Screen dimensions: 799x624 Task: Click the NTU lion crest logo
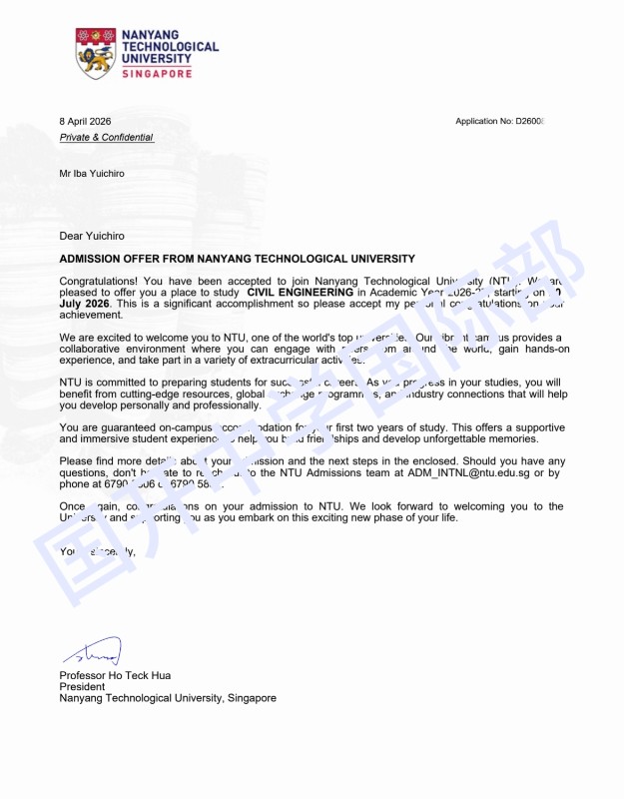(x=95, y=53)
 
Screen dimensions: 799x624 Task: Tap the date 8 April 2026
(x=85, y=121)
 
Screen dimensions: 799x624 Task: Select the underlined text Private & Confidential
(x=106, y=137)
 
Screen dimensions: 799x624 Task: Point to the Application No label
(x=483, y=121)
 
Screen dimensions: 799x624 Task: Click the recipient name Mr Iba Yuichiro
(x=92, y=173)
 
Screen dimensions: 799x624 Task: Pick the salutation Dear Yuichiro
(x=92, y=236)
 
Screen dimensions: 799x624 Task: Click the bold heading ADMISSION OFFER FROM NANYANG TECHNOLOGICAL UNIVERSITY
(x=237, y=259)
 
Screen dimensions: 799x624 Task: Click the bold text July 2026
(x=84, y=304)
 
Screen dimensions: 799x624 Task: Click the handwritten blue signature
(x=92, y=652)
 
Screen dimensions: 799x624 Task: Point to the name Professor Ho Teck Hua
(x=115, y=675)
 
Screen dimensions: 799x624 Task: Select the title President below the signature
(x=82, y=687)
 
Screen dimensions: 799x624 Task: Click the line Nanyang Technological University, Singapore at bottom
(x=168, y=698)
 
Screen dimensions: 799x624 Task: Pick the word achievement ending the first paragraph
(x=93, y=315)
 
